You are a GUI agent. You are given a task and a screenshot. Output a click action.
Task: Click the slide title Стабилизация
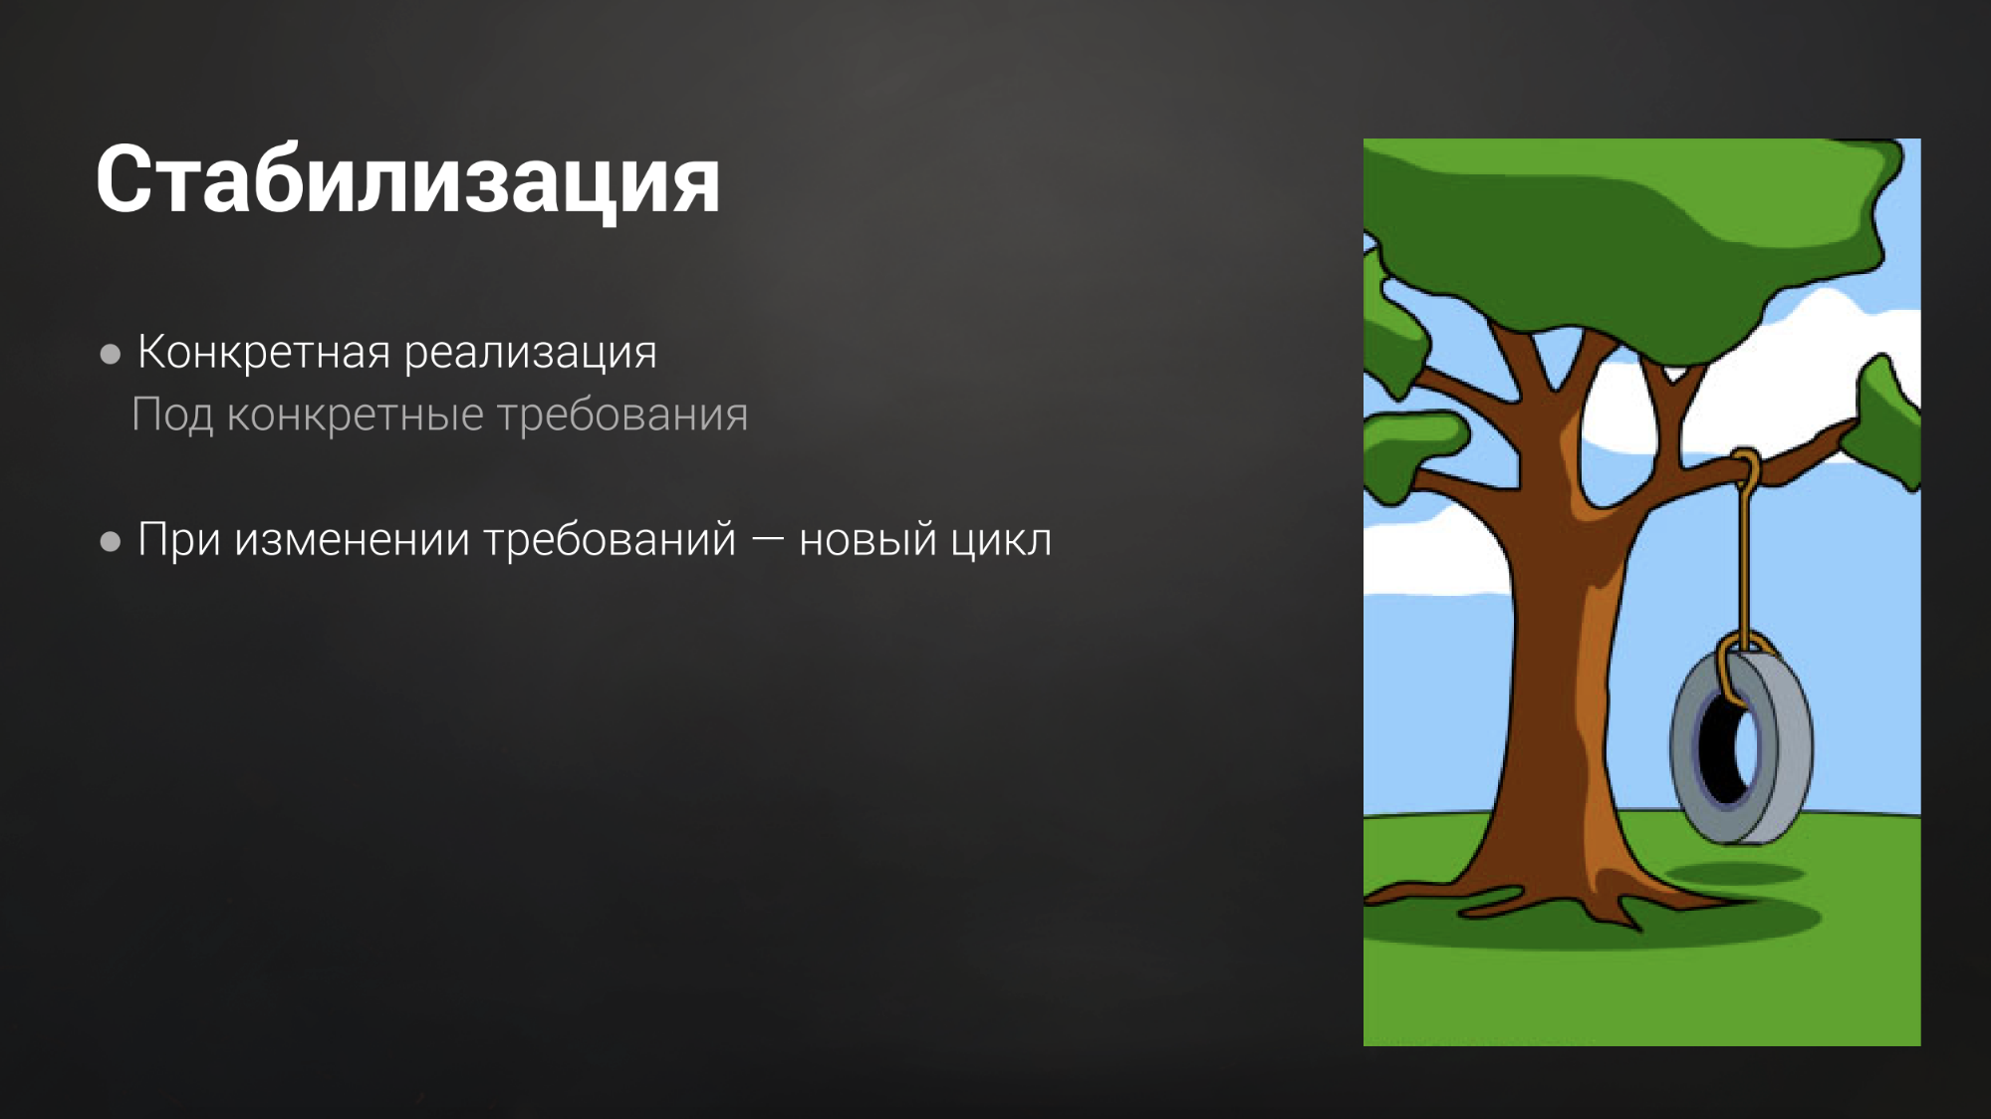(407, 180)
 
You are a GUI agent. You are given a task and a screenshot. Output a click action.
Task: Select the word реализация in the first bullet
(530, 352)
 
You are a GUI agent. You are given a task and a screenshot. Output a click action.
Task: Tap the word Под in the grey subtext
(171, 415)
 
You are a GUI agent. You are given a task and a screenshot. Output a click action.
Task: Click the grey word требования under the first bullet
(622, 415)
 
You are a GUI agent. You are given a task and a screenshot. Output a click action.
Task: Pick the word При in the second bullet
(178, 540)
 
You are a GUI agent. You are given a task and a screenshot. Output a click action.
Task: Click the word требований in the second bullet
(610, 540)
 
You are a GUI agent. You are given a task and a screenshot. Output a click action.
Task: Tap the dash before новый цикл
(767, 539)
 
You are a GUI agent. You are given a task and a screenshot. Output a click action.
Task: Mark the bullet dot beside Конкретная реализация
(111, 354)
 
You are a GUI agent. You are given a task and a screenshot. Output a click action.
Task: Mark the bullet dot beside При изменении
(111, 541)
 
